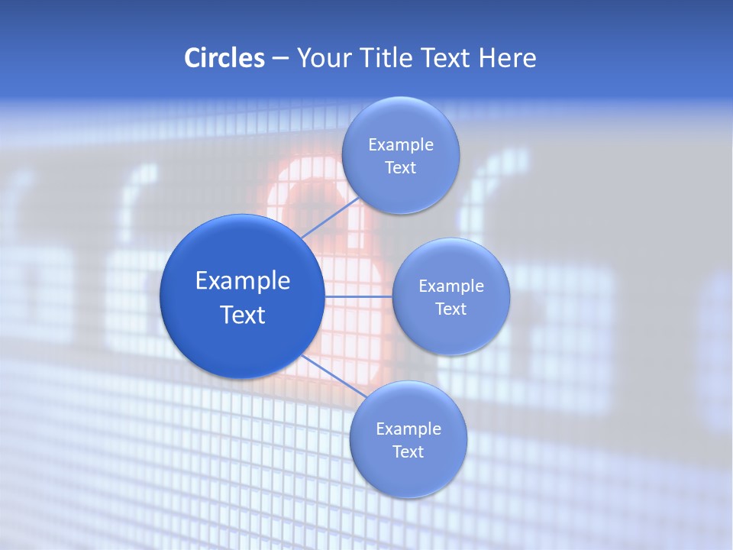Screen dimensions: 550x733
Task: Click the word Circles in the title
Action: coord(224,58)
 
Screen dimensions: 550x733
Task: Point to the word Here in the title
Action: coord(507,58)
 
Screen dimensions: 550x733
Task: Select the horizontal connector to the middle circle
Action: coord(358,296)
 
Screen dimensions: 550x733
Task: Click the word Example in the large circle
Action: coord(243,281)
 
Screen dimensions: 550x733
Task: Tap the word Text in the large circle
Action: coord(243,315)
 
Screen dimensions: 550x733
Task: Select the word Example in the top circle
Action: coord(401,145)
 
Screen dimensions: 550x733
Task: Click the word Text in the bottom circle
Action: coord(408,451)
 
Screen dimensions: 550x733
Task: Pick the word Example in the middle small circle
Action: coord(451,286)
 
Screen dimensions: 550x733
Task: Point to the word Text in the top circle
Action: coord(400,168)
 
